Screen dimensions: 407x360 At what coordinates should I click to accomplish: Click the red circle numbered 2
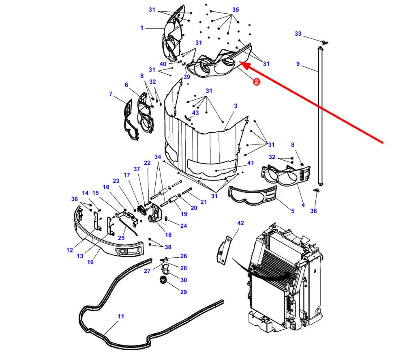click(257, 82)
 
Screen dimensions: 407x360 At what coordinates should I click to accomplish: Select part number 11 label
click(121, 316)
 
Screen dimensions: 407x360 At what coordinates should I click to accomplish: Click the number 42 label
click(241, 223)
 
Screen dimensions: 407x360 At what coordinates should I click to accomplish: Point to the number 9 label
click(298, 64)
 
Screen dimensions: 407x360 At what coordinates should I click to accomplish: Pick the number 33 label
click(298, 34)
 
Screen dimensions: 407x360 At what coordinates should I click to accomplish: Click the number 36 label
click(313, 211)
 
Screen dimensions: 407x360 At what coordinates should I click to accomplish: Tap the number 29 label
click(184, 292)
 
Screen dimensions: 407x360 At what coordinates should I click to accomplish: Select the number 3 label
click(236, 106)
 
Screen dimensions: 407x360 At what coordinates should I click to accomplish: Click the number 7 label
click(111, 94)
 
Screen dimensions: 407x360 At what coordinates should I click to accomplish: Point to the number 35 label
click(236, 10)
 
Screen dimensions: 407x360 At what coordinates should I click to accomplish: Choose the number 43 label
click(195, 113)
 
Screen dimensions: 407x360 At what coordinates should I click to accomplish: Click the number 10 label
click(90, 262)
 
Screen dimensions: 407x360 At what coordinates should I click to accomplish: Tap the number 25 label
click(121, 238)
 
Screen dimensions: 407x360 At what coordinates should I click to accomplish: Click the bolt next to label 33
click(324, 42)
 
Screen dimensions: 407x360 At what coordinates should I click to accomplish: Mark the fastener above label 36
click(316, 190)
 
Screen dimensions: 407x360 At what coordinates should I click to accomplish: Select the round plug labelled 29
click(163, 280)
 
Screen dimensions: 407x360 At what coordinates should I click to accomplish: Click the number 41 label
click(251, 163)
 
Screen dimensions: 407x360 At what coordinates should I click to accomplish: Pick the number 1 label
click(142, 28)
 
